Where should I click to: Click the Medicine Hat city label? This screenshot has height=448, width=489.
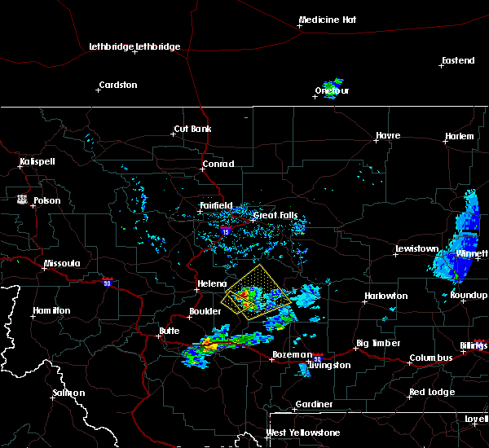[x=329, y=19]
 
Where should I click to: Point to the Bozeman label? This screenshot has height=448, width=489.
[x=291, y=354]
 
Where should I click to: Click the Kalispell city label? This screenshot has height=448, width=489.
[x=37, y=161]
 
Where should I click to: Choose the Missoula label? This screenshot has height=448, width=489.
[x=62, y=263]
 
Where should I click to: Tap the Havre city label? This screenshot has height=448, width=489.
[x=388, y=135]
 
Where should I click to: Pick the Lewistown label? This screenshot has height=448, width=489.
[x=417, y=248]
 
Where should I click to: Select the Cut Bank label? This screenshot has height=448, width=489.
[x=192, y=129]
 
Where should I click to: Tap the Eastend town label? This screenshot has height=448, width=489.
[x=457, y=60]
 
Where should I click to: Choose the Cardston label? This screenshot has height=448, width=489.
[x=117, y=85]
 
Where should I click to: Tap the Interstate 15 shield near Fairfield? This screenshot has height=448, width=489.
[x=225, y=231]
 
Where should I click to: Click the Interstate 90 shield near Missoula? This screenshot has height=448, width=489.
[x=106, y=282]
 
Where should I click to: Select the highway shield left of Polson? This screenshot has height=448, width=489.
[x=20, y=198]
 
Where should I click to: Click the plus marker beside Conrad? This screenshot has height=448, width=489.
[x=203, y=170]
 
